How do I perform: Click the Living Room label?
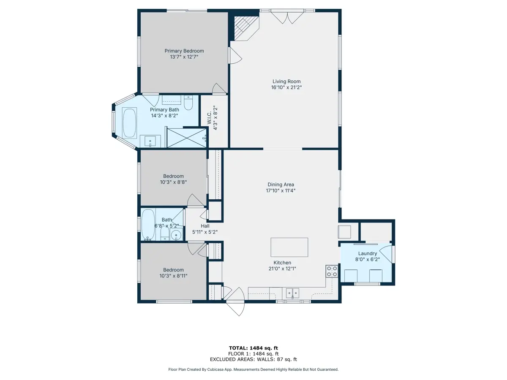tap(286, 81)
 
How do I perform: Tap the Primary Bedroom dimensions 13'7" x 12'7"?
tap(184, 57)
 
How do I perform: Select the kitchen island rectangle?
tap(289, 247)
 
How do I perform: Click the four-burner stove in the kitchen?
tap(332, 271)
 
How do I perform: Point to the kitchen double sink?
tap(292, 293)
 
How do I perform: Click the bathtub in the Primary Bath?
tap(129, 123)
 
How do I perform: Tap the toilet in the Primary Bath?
tap(188, 103)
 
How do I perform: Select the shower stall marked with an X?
tap(187, 138)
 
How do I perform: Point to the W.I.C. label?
tap(209, 118)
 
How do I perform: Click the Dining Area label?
tap(281, 185)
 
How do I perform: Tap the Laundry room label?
tap(368, 254)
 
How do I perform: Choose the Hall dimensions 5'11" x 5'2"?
tap(205, 232)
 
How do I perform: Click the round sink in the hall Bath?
tap(176, 235)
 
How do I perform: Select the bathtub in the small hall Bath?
tap(148, 225)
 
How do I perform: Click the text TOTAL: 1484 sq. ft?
tap(253, 348)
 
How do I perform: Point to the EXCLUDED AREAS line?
tap(253, 359)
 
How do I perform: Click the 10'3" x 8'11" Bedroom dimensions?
tap(173, 276)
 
